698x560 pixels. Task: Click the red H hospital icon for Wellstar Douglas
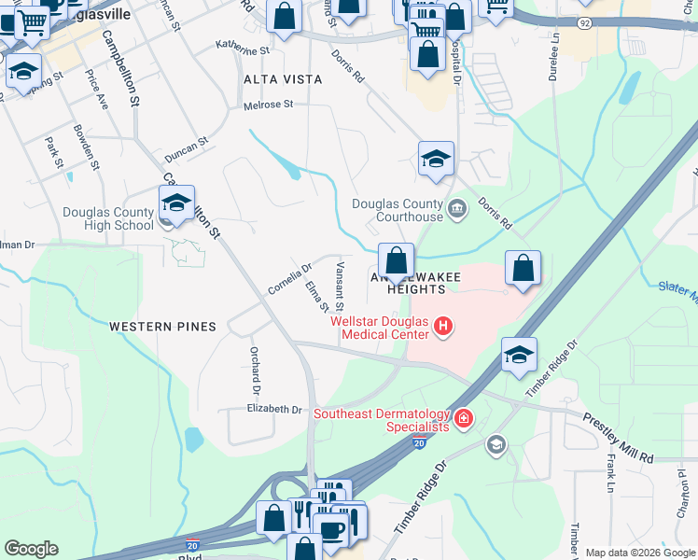(443, 327)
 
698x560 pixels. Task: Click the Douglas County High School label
(108, 218)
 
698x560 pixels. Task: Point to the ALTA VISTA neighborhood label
(283, 79)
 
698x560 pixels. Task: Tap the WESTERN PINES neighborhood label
(162, 327)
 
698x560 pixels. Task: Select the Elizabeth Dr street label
(274, 409)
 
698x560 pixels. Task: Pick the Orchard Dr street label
(253, 370)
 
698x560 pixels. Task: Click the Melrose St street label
(269, 105)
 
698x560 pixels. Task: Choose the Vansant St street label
(340, 287)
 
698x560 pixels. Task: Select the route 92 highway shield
(583, 21)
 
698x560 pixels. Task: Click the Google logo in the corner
(31, 549)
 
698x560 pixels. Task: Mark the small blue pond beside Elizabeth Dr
(193, 439)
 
